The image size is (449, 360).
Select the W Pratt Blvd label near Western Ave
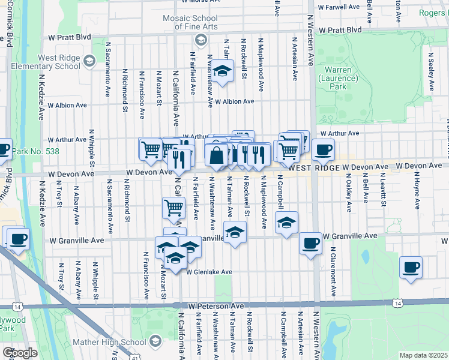(x=340, y=29)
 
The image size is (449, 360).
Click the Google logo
(x=20, y=353)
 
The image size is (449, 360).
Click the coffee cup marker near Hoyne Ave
(x=411, y=268)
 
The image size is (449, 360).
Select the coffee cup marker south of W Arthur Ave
(x=323, y=150)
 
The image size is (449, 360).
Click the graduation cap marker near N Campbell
(x=287, y=223)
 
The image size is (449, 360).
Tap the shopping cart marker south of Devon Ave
(x=173, y=208)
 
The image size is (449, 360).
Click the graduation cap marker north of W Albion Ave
(x=222, y=71)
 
